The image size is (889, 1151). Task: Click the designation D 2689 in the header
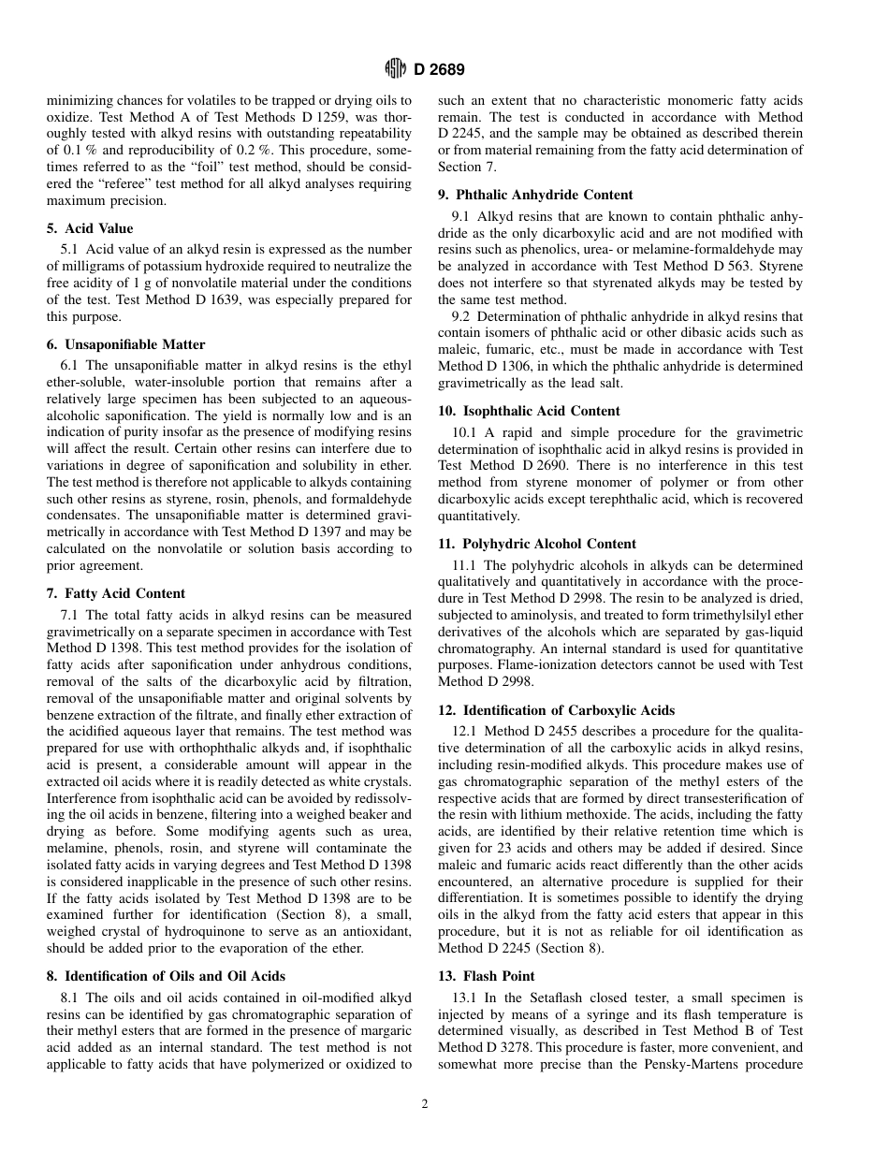[439, 68]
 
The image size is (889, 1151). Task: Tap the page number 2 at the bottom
[424, 1104]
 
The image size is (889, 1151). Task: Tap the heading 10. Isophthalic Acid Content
[529, 411]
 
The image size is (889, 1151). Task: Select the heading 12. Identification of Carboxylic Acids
[556, 710]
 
